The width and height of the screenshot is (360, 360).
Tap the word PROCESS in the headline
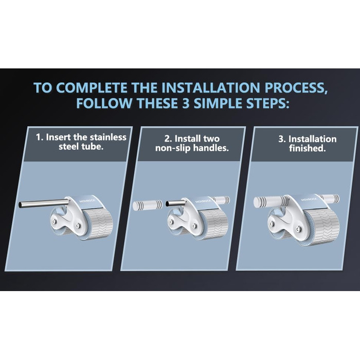296,88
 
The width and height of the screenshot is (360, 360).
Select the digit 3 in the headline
186,103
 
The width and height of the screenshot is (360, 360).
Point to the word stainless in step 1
108,137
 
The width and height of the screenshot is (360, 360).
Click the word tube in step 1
92,146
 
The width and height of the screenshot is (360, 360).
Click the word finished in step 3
308,148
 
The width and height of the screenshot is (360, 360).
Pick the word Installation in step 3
312,139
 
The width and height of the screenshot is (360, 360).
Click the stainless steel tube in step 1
44,204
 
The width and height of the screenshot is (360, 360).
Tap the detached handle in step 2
148,205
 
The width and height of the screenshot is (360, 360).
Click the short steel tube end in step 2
175,203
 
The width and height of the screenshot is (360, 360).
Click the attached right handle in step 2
221,200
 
